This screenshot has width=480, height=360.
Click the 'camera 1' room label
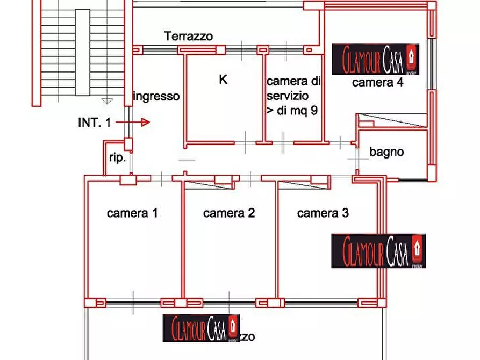(132, 213)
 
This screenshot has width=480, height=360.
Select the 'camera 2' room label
(228, 213)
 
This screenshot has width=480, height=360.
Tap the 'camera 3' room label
(323, 213)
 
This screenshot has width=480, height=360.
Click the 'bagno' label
(386, 152)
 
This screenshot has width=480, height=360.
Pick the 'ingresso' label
(156, 97)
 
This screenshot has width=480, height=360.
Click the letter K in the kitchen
(223, 80)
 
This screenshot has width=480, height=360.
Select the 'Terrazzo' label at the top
(188, 37)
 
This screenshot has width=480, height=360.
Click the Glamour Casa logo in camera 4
(375, 59)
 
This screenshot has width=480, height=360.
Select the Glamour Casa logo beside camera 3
(378, 250)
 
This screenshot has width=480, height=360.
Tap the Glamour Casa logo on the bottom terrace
(200, 327)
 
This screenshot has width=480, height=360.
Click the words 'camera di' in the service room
(293, 82)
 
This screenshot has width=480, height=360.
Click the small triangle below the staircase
(107, 100)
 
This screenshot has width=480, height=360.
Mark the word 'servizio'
(288, 97)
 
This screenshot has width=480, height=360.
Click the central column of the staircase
(82, 52)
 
